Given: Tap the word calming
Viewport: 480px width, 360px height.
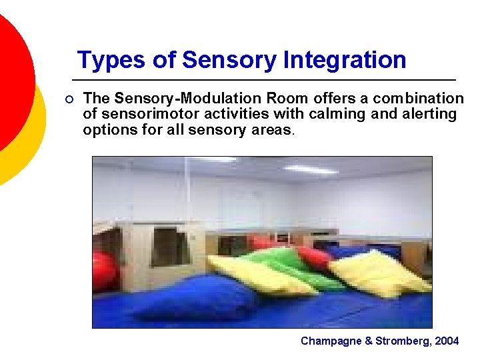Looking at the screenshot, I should pos(335,114).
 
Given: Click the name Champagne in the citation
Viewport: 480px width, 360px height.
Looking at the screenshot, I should pos(331,341).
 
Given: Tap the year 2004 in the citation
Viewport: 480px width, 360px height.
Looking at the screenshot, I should pos(446,341).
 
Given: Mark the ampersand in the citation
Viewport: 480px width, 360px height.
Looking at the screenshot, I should pos(369,341).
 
